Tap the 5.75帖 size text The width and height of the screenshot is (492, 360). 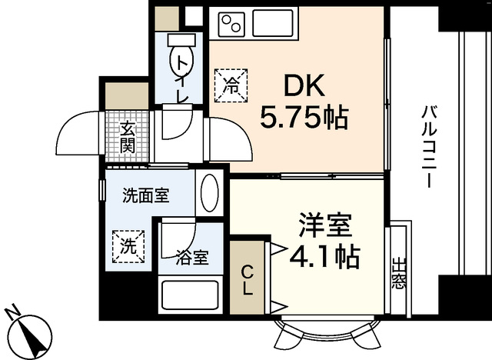(304, 118)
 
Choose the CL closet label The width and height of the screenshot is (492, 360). (246, 280)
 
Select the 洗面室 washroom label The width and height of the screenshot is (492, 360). (145, 195)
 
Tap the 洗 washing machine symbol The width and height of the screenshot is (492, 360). (128, 247)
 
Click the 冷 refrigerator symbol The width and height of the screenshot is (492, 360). (231, 84)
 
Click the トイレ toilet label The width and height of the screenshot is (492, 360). (182, 77)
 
